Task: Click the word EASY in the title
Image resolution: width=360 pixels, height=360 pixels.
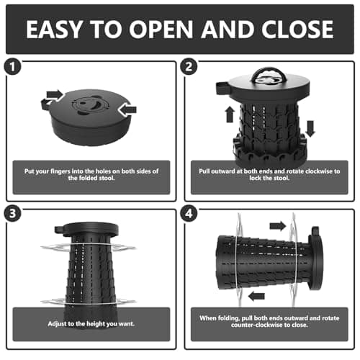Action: [x=54, y=29]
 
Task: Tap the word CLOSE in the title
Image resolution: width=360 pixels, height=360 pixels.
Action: [x=297, y=29]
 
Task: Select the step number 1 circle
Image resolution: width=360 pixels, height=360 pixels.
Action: [x=12, y=66]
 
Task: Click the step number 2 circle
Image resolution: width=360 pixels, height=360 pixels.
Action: [x=189, y=66]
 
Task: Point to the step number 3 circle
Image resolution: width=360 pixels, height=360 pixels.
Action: [x=12, y=213]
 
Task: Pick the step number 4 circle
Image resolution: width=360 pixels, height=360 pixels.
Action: [x=189, y=213]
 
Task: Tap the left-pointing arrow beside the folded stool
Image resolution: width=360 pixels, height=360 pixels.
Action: [x=127, y=110]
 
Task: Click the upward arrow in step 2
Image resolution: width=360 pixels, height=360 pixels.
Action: [x=230, y=114]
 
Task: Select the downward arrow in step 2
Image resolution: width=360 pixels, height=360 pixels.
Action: [x=310, y=129]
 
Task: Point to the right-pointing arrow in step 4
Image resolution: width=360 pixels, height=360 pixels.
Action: [x=278, y=226]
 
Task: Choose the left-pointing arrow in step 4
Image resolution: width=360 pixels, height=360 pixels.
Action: [x=256, y=296]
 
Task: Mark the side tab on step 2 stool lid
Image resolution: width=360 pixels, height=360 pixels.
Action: [x=222, y=88]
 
